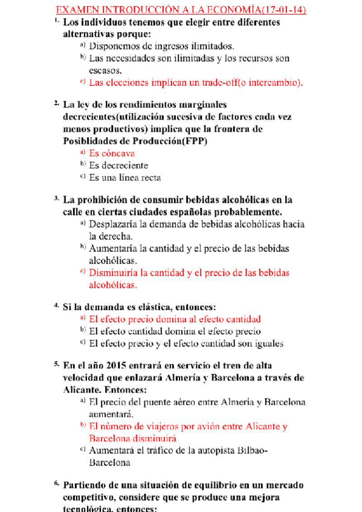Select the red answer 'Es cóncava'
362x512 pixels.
pos(112,153)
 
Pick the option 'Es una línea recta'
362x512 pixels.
pos(124,178)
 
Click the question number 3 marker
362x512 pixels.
pos(56,199)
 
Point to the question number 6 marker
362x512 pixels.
pos(56,484)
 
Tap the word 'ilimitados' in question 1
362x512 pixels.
pos(211,46)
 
